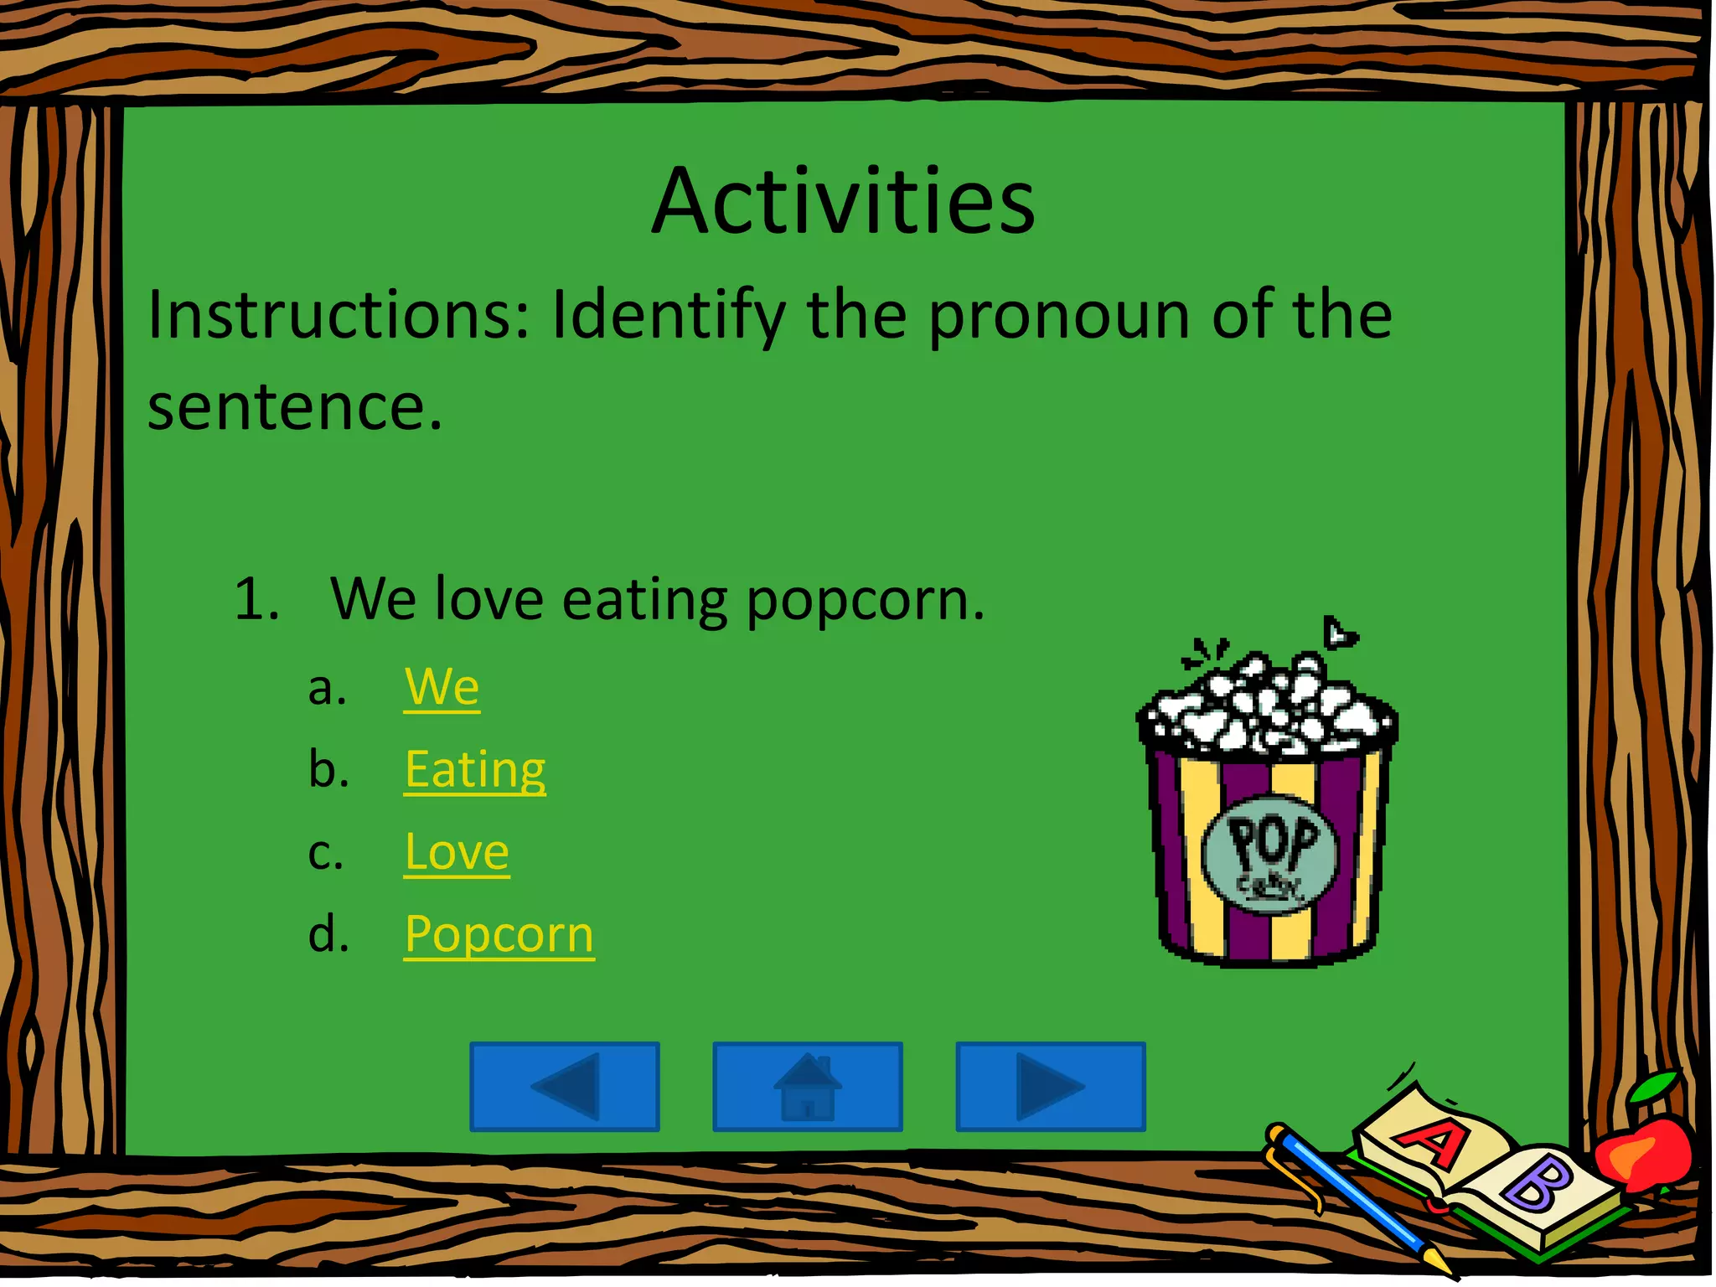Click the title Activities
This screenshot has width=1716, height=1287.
(x=843, y=203)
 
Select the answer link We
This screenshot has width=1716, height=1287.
(x=442, y=687)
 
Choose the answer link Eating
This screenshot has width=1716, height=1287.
(x=474, y=769)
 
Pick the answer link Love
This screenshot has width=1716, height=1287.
(x=457, y=852)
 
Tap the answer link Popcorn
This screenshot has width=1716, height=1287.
(x=499, y=934)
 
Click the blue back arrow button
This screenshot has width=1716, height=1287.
(x=565, y=1087)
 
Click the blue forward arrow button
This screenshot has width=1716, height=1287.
(x=1051, y=1087)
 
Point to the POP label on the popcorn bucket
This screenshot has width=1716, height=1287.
(x=1271, y=842)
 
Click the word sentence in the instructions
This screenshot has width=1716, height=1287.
(x=293, y=407)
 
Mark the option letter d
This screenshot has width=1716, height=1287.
(x=328, y=934)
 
